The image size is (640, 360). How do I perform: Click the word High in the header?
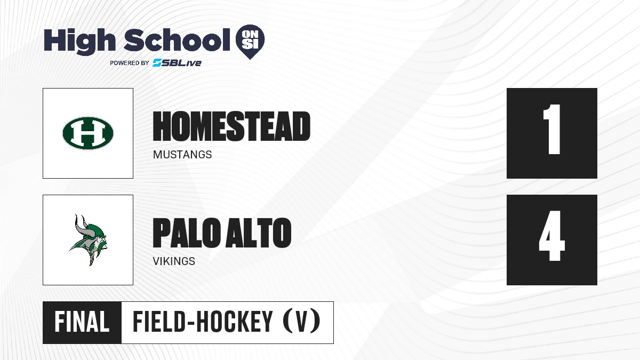tap(79, 41)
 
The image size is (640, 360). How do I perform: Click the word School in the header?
tap(177, 39)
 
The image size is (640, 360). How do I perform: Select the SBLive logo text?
tap(177, 63)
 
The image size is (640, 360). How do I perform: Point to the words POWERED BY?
tap(130, 63)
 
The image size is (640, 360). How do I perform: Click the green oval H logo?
tap(88, 133)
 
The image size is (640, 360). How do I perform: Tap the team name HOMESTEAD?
tap(231, 126)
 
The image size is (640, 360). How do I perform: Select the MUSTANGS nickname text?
tap(182, 155)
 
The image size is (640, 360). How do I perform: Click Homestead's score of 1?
tap(551, 129)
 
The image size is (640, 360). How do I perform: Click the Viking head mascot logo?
tap(89, 240)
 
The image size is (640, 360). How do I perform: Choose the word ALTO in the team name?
tap(259, 233)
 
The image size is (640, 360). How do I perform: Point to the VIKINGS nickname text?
tap(174, 261)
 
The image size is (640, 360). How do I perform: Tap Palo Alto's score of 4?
tap(551, 236)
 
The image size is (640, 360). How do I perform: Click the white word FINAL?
tap(82, 322)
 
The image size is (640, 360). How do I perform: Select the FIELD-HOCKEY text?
tap(203, 322)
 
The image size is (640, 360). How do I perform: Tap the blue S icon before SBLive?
tap(157, 63)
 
